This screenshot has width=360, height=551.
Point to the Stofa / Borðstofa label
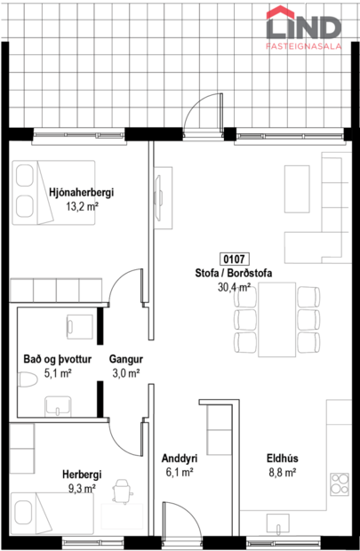232,274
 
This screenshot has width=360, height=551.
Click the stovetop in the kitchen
341,483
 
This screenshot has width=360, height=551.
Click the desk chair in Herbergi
121,490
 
